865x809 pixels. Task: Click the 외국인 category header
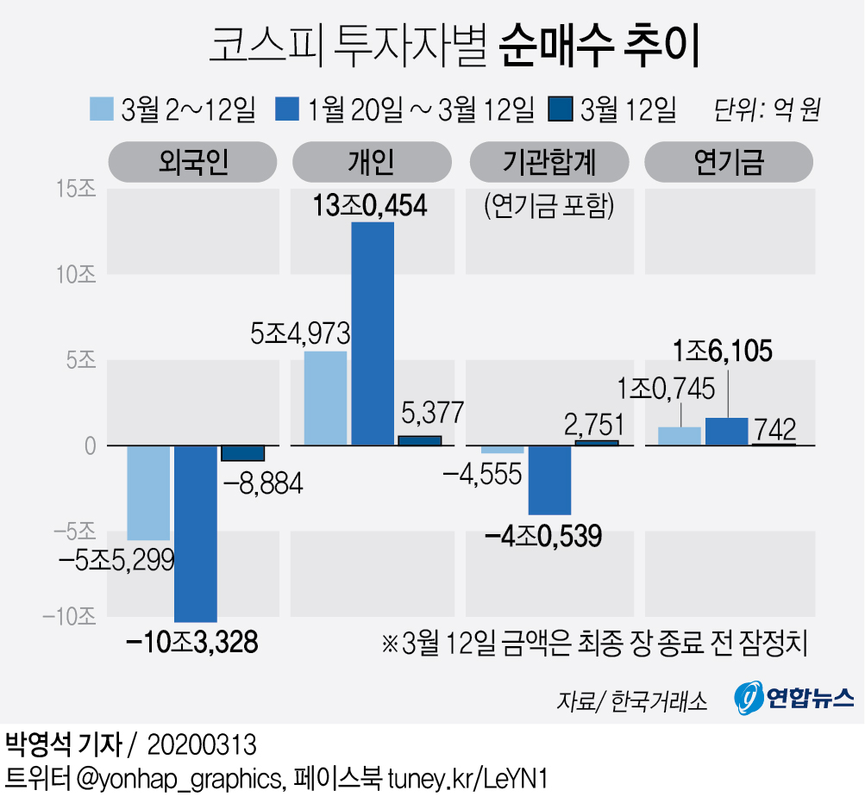(192, 162)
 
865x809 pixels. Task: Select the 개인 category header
(371, 162)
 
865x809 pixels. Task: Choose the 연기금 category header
(729, 162)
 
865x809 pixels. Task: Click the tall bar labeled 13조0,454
(373, 333)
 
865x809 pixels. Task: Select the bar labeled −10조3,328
(196, 533)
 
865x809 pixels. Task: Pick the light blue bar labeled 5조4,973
(325, 398)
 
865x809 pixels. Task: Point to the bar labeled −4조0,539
(549, 480)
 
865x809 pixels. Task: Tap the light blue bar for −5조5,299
(148, 493)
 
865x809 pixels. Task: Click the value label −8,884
(262, 485)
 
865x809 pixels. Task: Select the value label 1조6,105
(723, 352)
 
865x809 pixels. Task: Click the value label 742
(774, 428)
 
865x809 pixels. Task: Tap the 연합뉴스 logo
(793, 697)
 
